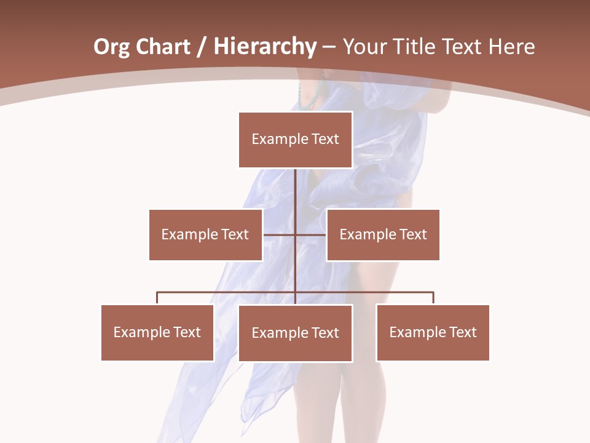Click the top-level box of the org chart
coord(295,140)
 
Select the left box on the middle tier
coord(205,234)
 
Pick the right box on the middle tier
coord(383,234)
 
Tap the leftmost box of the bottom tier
coord(157,332)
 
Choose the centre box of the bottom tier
coord(295,333)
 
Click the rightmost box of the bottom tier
coord(433,332)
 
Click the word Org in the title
coord(111,47)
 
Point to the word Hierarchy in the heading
coord(265,47)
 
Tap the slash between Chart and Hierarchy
coord(202,47)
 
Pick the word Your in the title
coord(363,47)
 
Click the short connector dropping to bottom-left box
coord(157,298)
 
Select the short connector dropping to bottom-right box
coord(433,298)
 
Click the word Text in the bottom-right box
coord(463,332)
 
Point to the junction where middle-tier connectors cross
coord(296,234)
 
